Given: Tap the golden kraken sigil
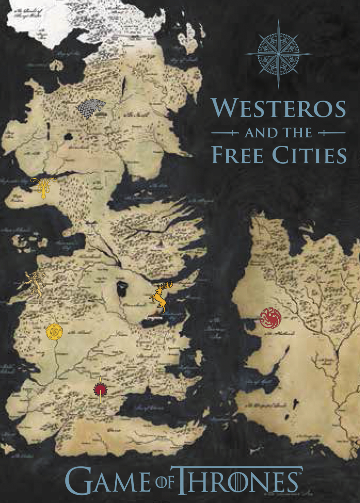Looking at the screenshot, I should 43,188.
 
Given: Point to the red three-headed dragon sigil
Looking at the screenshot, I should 270,318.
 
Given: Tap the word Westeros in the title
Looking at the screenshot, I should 279,108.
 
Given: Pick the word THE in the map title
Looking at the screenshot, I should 297,133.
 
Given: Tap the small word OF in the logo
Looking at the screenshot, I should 165,483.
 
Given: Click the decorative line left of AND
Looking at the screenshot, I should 225,133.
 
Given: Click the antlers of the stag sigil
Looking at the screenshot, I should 166,285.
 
